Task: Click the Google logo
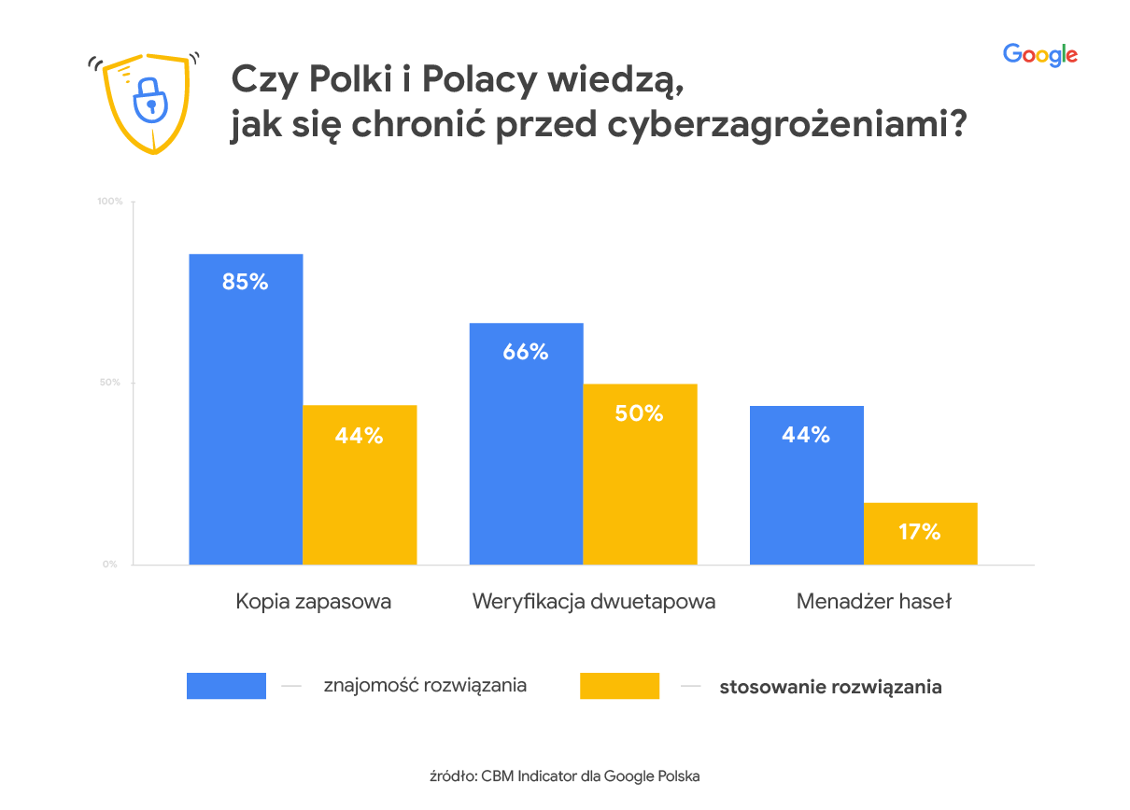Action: click(x=1039, y=55)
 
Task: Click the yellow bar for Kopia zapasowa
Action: click(x=360, y=484)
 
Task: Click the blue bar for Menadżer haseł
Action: click(x=806, y=484)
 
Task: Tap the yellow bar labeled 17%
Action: click(x=920, y=533)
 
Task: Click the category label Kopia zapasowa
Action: click(x=313, y=602)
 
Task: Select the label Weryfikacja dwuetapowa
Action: click(x=594, y=602)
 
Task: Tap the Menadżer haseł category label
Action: click(x=873, y=602)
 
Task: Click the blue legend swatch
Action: click(x=226, y=686)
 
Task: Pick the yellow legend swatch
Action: click(x=619, y=686)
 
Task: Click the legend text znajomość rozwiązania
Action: click(x=425, y=686)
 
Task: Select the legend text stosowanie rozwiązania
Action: click(x=830, y=688)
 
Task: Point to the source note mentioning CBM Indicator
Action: click(x=564, y=775)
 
